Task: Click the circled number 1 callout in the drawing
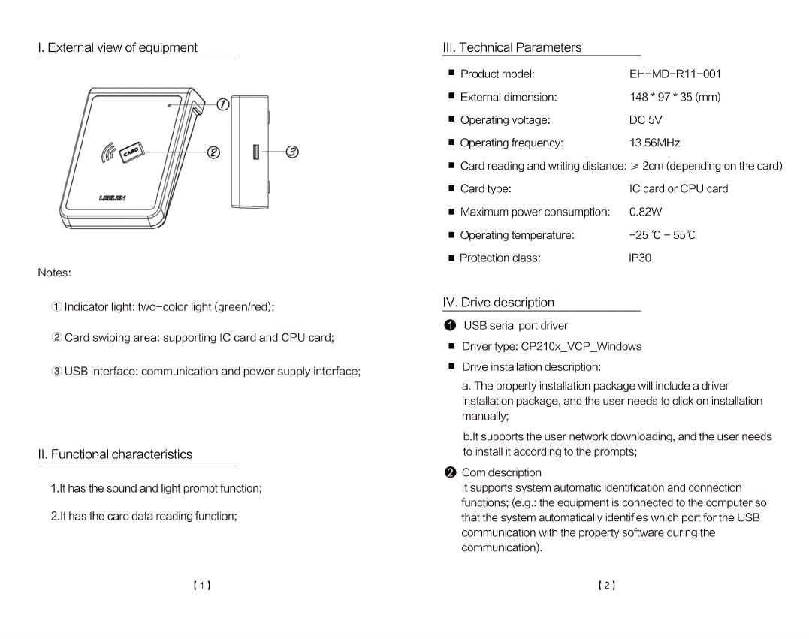pyautogui.click(x=222, y=105)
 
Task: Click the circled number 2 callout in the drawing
pyautogui.click(x=213, y=152)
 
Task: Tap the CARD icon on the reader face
pyautogui.click(x=131, y=152)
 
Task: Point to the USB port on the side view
pyautogui.click(x=256, y=152)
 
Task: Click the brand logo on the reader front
pyautogui.click(x=112, y=198)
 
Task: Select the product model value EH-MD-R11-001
pyautogui.click(x=675, y=74)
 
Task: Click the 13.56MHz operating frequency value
pyautogui.click(x=654, y=143)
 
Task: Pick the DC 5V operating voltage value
pyautogui.click(x=645, y=120)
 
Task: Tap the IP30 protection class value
pyautogui.click(x=640, y=258)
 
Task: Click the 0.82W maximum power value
pyautogui.click(x=645, y=212)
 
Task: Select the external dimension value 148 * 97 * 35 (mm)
pyautogui.click(x=675, y=97)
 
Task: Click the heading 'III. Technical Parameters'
pyautogui.click(x=512, y=47)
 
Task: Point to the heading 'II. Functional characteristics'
pyautogui.click(x=115, y=454)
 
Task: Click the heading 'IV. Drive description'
pyautogui.click(x=499, y=303)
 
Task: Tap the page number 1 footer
pyautogui.click(x=201, y=585)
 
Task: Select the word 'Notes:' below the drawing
pyautogui.click(x=55, y=273)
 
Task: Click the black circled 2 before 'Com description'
pyautogui.click(x=449, y=472)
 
